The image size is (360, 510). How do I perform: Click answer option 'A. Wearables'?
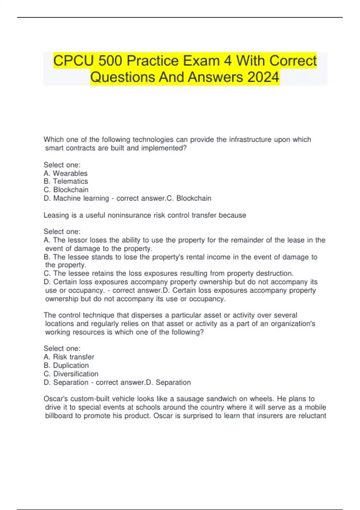click(x=65, y=173)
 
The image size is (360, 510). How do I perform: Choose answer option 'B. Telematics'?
click(x=66, y=181)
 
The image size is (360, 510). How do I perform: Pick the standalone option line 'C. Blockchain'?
click(x=66, y=190)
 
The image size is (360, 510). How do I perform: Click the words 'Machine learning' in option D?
click(x=81, y=198)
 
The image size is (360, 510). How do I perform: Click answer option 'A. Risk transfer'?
click(x=69, y=357)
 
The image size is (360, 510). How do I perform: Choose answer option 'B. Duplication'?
click(x=66, y=365)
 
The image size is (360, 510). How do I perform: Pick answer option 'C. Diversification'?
click(x=71, y=374)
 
